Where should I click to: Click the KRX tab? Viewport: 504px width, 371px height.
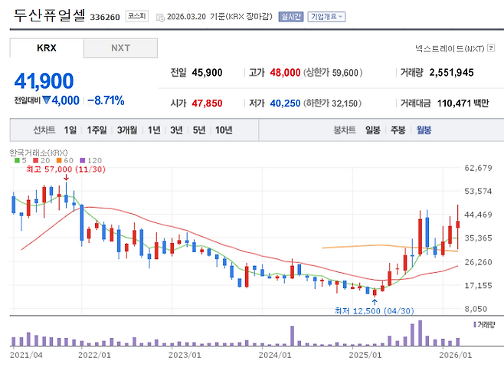pos(47,48)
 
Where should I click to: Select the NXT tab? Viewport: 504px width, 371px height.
pos(120,48)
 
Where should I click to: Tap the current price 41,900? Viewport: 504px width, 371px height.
pos(44,80)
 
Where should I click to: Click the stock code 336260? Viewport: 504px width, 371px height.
pos(105,16)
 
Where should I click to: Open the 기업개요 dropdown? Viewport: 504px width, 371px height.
pos(326,16)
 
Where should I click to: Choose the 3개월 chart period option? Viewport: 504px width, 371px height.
pos(128,130)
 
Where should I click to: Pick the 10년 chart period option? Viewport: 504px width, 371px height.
pos(224,130)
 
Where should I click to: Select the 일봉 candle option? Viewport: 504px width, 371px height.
pos(373,130)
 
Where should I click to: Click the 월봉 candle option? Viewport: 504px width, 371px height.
pos(424,130)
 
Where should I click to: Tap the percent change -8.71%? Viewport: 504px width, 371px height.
pos(106,100)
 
